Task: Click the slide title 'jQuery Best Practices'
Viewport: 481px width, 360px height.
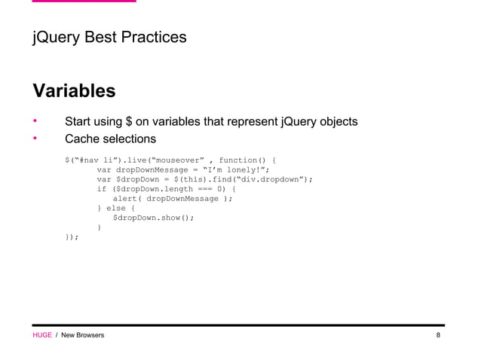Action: click(109, 37)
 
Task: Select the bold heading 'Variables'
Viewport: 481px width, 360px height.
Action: click(74, 91)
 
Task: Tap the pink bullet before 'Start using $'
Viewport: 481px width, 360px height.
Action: click(34, 121)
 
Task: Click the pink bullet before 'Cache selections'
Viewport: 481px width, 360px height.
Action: click(34, 139)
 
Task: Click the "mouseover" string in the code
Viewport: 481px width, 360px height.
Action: click(176, 160)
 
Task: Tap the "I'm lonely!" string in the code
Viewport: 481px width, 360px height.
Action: click(237, 169)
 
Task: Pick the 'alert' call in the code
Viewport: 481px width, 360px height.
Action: click(125, 199)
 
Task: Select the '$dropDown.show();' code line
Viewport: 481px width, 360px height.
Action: click(153, 218)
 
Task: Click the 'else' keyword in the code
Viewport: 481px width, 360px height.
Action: click(116, 209)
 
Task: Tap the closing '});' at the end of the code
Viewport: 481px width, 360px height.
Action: click(72, 237)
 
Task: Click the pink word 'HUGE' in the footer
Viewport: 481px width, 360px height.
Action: click(41, 335)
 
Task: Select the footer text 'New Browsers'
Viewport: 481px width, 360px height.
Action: click(83, 335)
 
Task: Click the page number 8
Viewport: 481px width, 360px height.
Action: click(438, 335)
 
